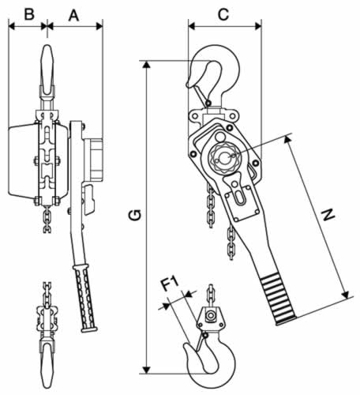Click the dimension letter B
(29, 14)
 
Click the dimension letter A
(73, 15)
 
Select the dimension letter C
(223, 14)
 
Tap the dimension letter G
(135, 215)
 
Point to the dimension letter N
(328, 214)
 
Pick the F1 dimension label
(170, 284)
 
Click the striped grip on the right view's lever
(279, 299)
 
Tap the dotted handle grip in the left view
(85, 298)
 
